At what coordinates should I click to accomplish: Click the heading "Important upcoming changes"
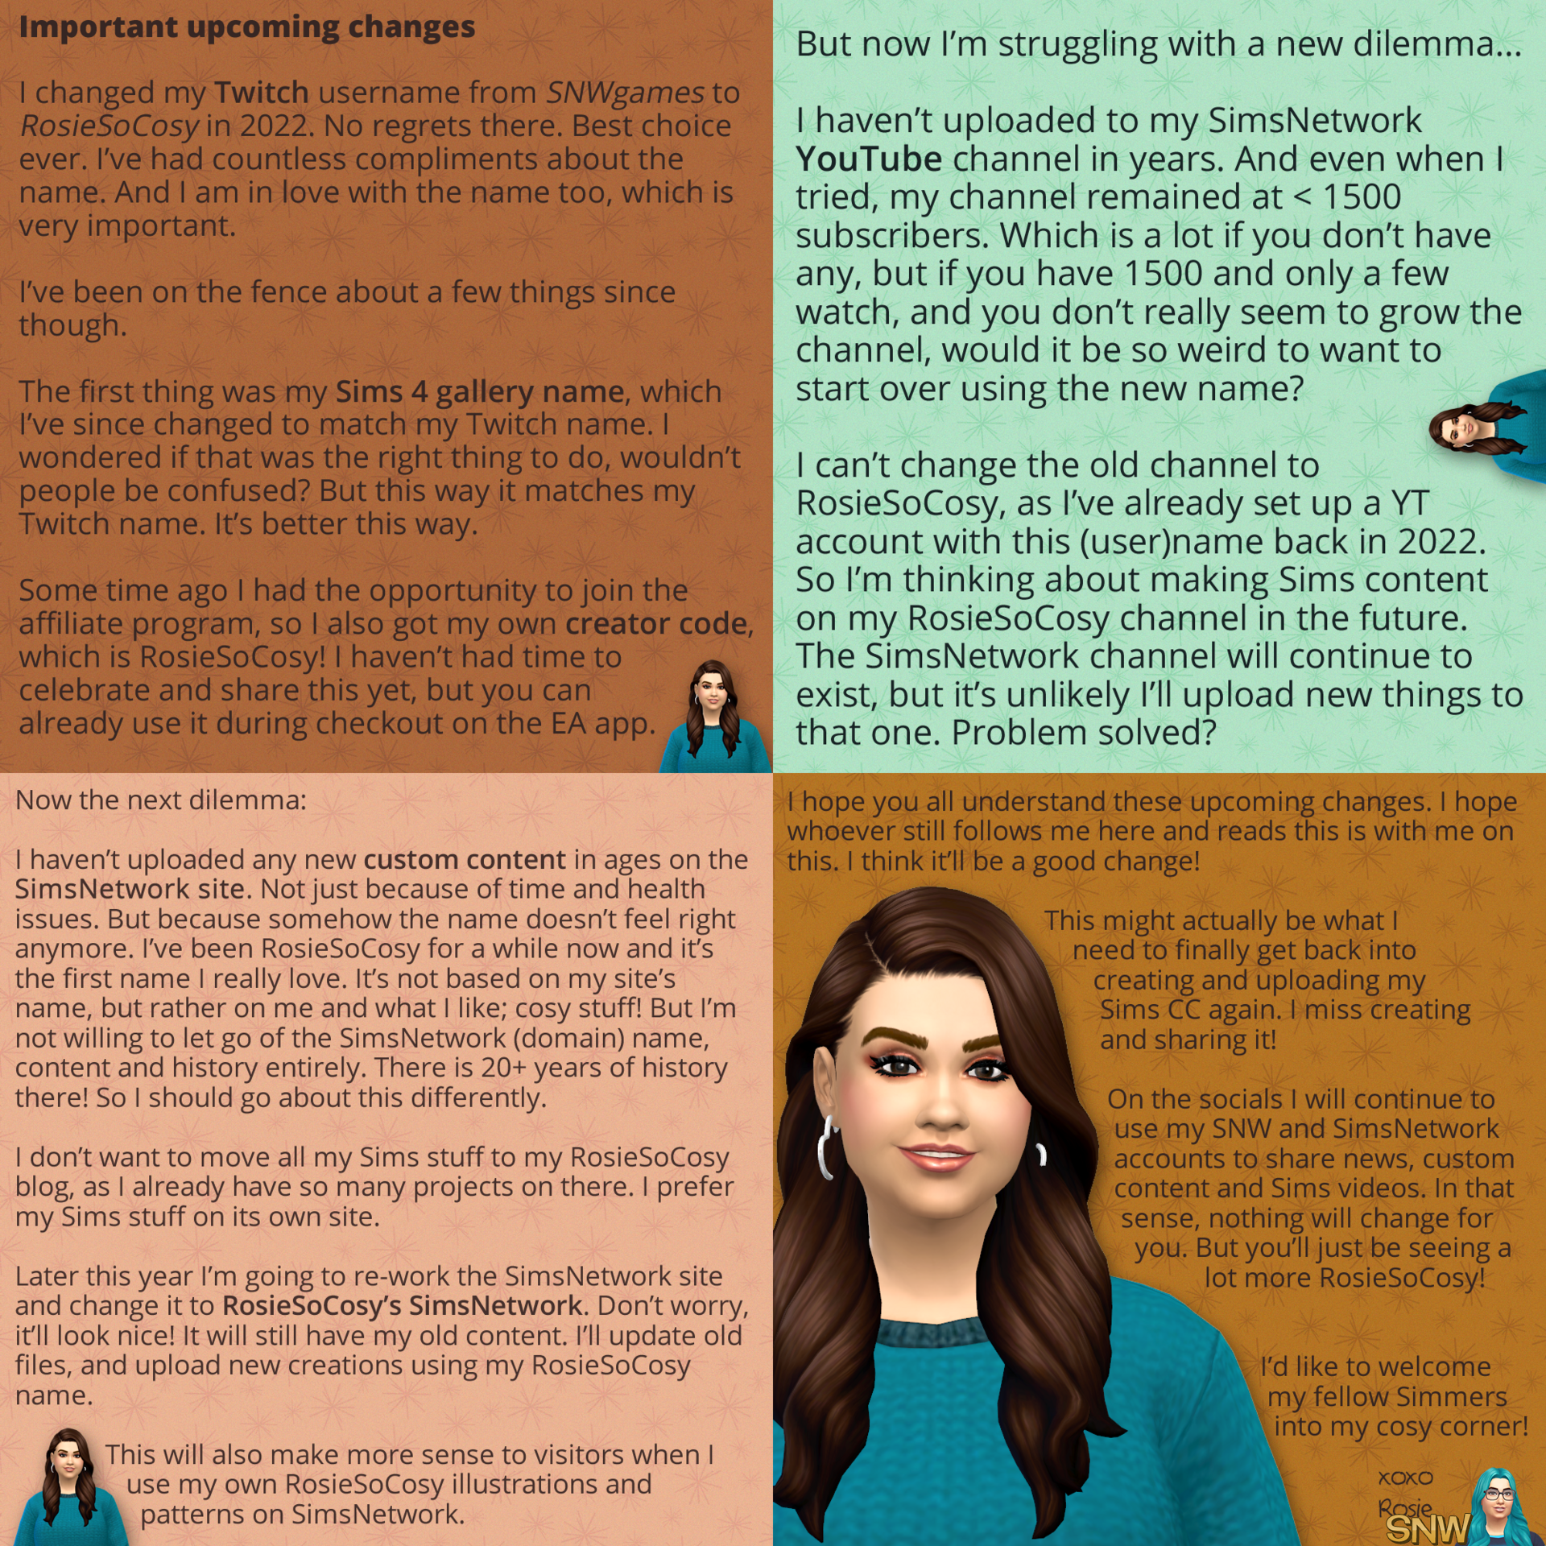click(x=246, y=27)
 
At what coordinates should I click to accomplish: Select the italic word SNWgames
click(x=625, y=93)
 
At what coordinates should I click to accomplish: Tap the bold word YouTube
click(x=868, y=159)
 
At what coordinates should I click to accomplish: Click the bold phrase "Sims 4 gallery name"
click(x=479, y=392)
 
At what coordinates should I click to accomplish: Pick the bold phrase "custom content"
click(x=464, y=860)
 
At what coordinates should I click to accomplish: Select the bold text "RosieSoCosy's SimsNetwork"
click(x=402, y=1305)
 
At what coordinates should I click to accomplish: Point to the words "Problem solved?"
click(x=1083, y=734)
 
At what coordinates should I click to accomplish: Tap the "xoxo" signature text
click(x=1405, y=1478)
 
